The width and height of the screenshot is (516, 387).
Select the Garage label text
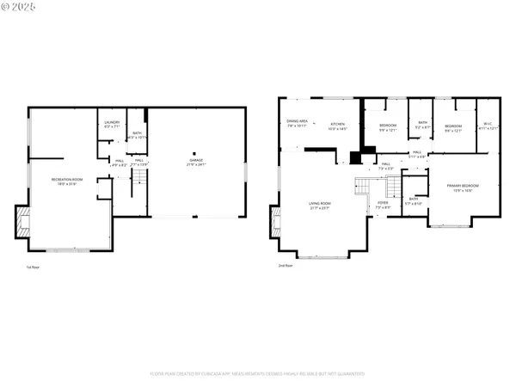(197, 163)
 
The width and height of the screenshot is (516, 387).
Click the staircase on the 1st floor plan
(138, 182)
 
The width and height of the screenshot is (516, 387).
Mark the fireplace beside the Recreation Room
(22, 221)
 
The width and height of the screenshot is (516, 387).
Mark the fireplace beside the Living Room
(275, 222)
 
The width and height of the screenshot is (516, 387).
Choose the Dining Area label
(298, 124)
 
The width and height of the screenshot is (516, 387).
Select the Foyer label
(382, 205)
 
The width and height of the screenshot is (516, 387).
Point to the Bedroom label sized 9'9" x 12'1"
(388, 128)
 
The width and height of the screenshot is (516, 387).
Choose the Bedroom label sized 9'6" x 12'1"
(453, 128)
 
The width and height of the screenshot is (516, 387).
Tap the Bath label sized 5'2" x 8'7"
(422, 125)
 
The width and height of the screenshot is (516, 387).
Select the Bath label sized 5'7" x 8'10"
(414, 200)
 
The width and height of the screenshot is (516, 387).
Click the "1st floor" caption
(33, 267)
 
